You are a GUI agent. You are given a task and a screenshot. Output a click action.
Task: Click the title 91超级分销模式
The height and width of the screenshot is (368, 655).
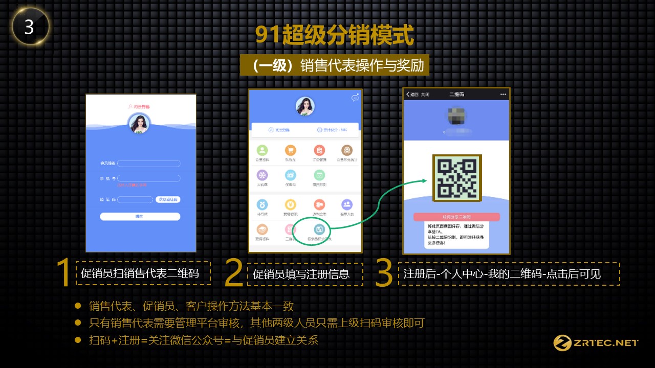(334, 36)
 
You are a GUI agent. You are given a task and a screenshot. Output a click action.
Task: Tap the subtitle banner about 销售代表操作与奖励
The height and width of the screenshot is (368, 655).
(334, 66)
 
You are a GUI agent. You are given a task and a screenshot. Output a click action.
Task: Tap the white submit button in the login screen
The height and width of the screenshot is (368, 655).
(140, 217)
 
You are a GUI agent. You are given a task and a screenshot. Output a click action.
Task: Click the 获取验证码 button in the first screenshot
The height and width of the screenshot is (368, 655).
(168, 199)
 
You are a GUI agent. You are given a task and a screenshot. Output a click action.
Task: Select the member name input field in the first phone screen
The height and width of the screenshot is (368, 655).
(149, 164)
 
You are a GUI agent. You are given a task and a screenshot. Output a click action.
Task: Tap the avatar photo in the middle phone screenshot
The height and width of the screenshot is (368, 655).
(305, 106)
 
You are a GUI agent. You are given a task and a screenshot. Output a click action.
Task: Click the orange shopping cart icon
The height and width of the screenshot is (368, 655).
(291, 150)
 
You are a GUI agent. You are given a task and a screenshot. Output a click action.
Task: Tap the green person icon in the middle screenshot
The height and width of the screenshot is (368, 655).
(262, 150)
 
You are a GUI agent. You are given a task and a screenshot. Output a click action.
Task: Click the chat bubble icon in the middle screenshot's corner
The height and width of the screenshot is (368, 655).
(355, 98)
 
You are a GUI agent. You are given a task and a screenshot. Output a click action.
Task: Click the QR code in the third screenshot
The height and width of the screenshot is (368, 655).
(457, 178)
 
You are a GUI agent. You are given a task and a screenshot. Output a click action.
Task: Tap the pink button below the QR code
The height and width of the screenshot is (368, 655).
(456, 217)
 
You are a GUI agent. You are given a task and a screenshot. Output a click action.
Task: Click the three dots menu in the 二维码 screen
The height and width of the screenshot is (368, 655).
(503, 95)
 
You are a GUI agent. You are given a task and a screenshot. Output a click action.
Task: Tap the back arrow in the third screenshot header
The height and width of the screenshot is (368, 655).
(408, 95)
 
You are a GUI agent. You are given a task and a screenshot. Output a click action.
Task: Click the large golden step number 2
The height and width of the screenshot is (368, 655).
(234, 273)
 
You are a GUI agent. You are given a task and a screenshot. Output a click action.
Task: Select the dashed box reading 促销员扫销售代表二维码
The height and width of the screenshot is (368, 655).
(143, 273)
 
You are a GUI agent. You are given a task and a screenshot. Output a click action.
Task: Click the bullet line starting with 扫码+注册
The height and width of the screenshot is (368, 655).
(203, 340)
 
